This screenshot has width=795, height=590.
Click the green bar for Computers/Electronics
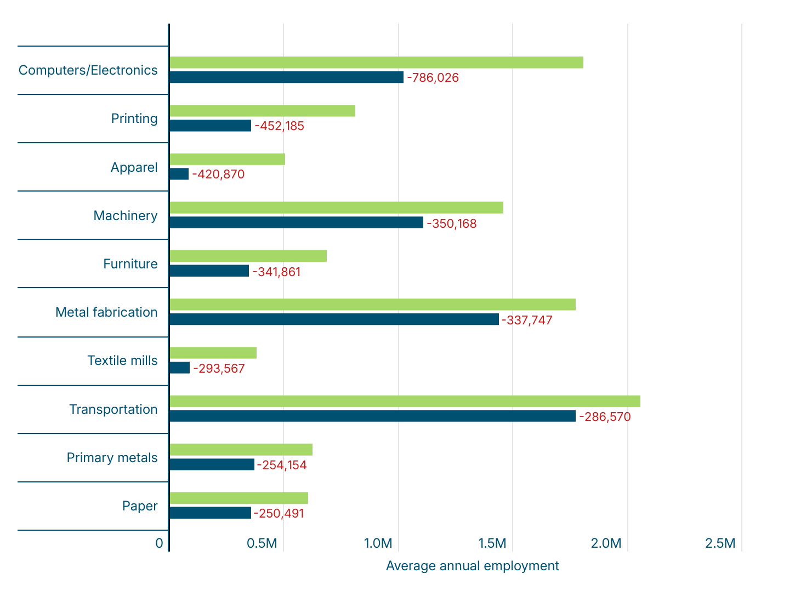tap(376, 63)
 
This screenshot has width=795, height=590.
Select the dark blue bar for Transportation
tap(372, 416)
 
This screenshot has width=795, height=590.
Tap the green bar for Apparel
tap(227, 159)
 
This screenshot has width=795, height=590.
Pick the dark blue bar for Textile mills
tap(179, 368)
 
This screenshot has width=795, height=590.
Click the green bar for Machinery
tap(336, 207)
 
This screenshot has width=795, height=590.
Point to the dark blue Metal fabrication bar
tap(334, 319)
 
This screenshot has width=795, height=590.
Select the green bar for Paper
tap(238, 498)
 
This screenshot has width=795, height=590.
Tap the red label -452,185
tap(279, 126)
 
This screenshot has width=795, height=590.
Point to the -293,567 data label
tap(219, 368)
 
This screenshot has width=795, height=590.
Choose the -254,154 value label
tap(282, 465)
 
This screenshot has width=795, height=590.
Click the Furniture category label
tap(130, 264)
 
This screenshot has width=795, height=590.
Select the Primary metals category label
tap(112, 458)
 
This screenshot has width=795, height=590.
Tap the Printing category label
tap(134, 119)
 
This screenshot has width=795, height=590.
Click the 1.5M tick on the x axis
tap(492, 543)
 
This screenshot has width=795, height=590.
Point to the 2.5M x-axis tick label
tap(720, 543)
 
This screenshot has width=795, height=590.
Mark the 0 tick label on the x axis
tap(159, 543)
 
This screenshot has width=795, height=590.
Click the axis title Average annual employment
tap(472, 566)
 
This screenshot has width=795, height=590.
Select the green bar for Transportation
tap(405, 401)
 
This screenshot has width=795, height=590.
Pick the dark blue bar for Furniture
tap(209, 271)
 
